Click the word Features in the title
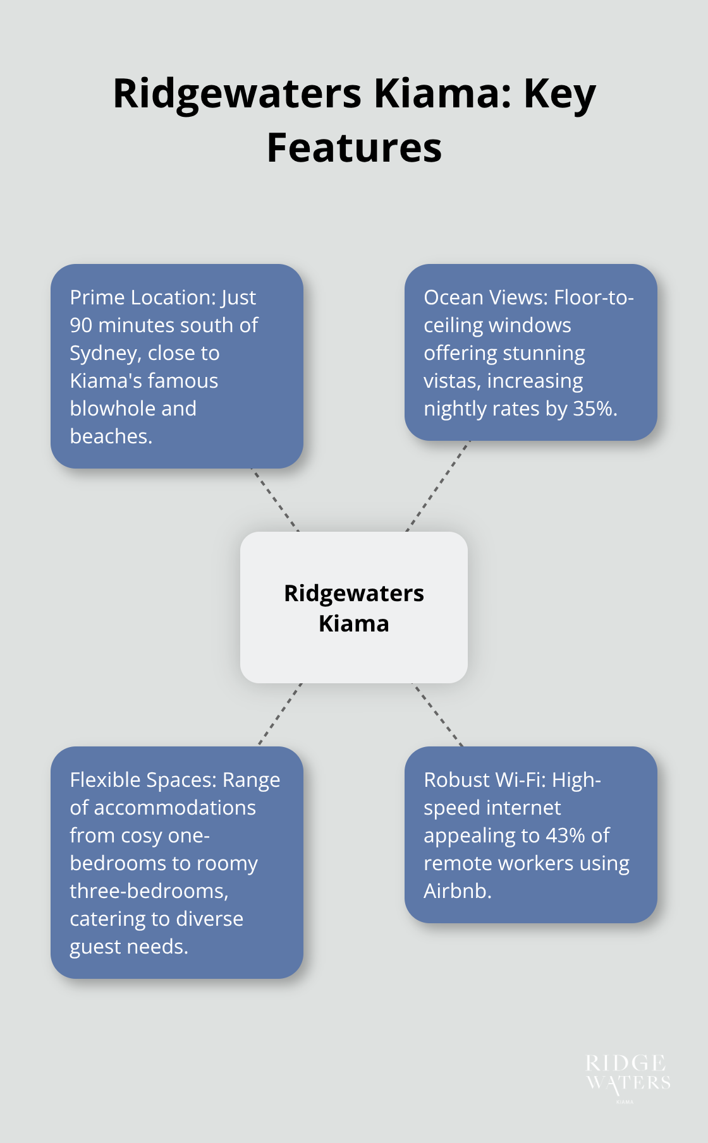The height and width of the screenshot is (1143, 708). click(x=354, y=148)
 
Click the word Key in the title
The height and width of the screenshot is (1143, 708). click(x=559, y=95)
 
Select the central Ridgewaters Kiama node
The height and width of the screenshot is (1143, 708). click(x=354, y=607)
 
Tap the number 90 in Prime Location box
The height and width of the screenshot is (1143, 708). click(x=82, y=325)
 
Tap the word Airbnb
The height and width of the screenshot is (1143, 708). click(x=457, y=891)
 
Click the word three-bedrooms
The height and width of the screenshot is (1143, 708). click(x=149, y=891)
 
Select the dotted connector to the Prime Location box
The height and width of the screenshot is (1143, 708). click(x=275, y=500)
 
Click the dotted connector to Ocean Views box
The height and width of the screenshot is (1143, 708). click(x=437, y=486)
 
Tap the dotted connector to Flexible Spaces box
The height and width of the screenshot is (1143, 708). click(x=280, y=714)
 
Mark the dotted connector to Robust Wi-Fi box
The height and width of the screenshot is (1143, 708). click(x=437, y=714)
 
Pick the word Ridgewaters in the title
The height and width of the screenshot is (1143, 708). click(x=237, y=95)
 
